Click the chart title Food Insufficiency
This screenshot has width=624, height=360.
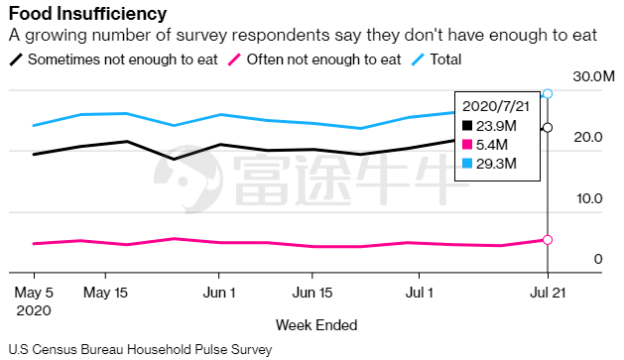tap(87, 14)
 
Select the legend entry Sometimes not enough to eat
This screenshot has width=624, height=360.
tap(113, 60)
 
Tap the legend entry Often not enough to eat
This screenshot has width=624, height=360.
tap(314, 60)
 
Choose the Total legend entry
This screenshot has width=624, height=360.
tap(437, 60)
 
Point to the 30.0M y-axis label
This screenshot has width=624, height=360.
tap(594, 76)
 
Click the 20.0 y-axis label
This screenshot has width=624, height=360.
tap(588, 137)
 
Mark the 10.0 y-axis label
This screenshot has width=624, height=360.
tap(589, 198)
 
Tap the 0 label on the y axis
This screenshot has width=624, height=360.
tap(598, 260)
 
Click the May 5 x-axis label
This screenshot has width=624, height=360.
tap(34, 293)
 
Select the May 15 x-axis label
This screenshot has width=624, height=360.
tap(105, 293)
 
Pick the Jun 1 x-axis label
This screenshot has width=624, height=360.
tap(219, 293)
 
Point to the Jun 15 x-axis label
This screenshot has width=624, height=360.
tap(312, 293)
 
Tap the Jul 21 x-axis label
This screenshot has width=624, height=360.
tap(548, 293)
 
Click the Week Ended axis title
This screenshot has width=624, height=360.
tap(316, 325)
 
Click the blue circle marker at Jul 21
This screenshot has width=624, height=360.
tap(548, 93)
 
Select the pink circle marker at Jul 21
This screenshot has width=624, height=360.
tap(548, 239)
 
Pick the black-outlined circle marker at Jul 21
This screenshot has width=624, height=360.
tap(548, 128)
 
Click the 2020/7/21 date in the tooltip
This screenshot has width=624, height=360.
tap(496, 106)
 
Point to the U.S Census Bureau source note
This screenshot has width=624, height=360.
tap(140, 350)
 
